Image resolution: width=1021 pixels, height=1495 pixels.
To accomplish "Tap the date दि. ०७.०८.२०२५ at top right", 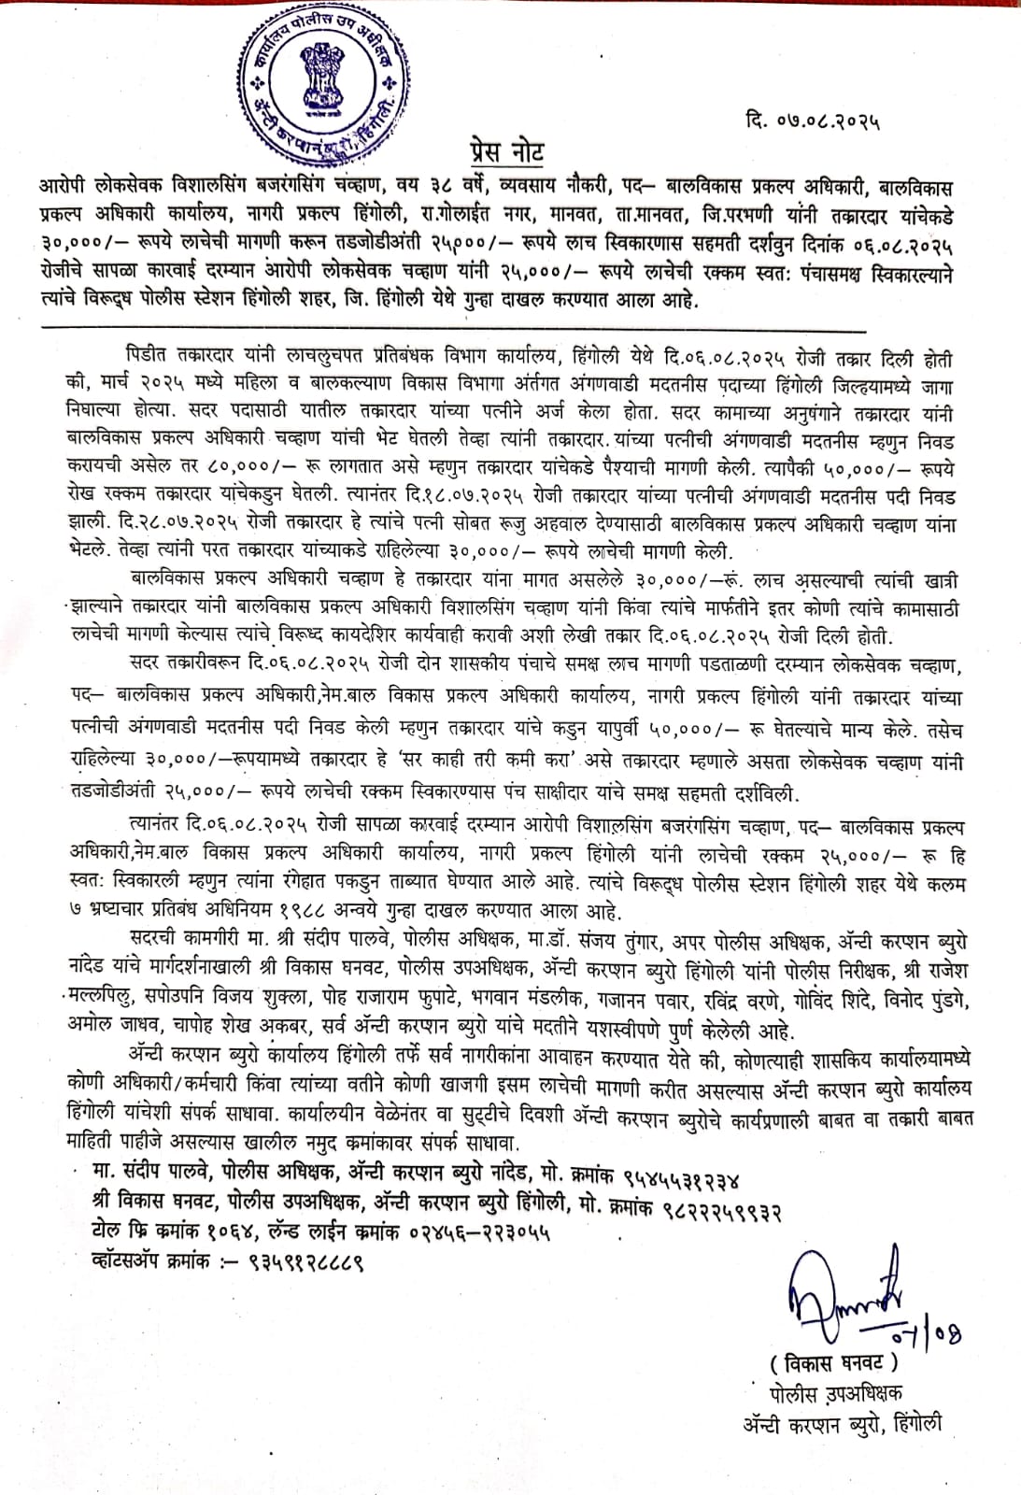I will click(x=814, y=120).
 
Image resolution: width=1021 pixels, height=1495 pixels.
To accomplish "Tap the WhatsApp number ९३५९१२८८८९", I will click(x=305, y=1261).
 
